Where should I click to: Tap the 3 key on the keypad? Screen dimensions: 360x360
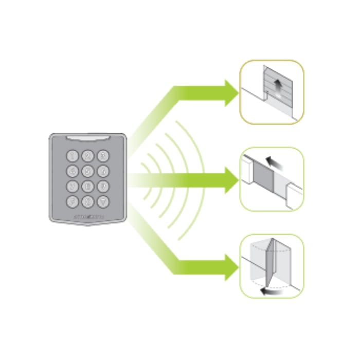[x=103, y=154]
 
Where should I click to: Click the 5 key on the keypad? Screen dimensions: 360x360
[x=88, y=170]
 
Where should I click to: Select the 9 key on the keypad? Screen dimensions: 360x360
[x=103, y=186]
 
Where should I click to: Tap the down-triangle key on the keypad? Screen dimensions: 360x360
[x=103, y=201]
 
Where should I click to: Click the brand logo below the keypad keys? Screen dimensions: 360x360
[x=88, y=217]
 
